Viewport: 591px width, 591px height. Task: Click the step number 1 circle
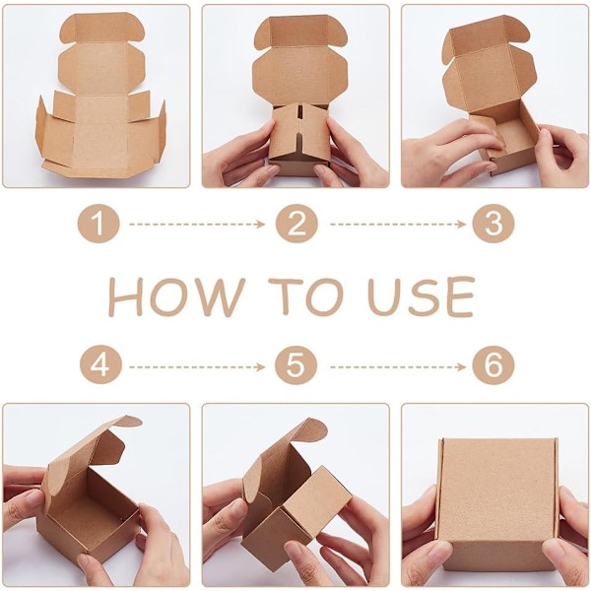click(x=98, y=224)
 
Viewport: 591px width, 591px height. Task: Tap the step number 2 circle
click(x=296, y=224)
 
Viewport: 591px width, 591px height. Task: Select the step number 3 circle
click(x=493, y=224)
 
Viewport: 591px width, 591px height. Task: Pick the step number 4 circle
click(x=100, y=364)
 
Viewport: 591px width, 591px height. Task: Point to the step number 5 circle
click(x=295, y=364)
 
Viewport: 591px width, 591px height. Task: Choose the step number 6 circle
click(x=493, y=364)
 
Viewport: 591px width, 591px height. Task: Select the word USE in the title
click(x=421, y=296)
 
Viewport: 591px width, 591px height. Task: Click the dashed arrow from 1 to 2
click(x=197, y=225)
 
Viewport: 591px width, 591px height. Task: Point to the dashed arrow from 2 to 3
click(x=398, y=225)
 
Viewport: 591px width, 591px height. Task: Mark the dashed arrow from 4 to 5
click(x=197, y=366)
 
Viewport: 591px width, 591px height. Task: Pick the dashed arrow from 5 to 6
click(x=398, y=366)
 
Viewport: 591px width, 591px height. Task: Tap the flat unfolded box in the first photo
click(x=100, y=97)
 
